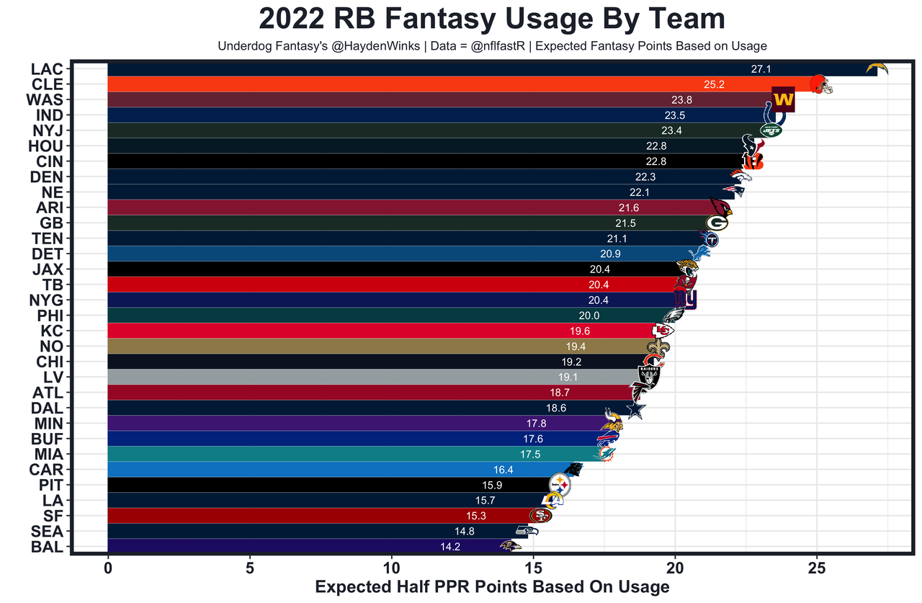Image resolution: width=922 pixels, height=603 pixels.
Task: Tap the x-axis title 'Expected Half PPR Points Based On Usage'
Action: pos(492,586)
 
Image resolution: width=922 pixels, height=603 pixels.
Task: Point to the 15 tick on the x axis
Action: pos(533,566)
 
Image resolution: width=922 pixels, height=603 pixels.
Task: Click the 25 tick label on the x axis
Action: pos(816,566)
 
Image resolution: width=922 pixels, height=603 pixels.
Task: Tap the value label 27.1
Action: pos(761,69)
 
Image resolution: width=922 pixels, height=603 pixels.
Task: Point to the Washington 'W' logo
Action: pos(783,99)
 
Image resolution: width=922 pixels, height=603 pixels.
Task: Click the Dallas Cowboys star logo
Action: pos(635,408)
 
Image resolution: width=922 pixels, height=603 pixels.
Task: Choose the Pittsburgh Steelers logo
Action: pos(560,485)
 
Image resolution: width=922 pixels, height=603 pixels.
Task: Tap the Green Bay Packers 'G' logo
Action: pos(717,223)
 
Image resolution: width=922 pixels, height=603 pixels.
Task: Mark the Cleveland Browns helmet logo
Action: pos(821,84)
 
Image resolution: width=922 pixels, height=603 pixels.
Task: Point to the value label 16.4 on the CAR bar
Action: pos(503,470)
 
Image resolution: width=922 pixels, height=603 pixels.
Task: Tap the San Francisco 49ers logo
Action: pos(540,515)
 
